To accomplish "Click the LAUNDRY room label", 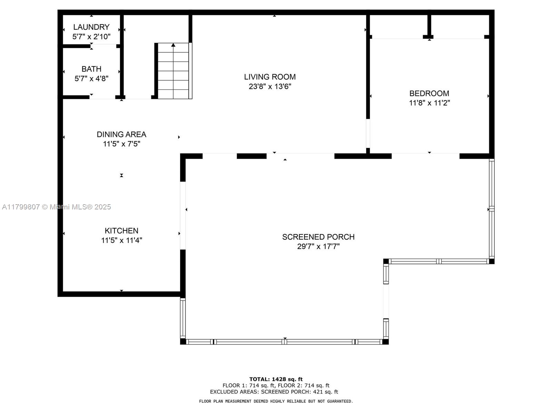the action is pos(91,27).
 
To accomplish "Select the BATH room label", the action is pos(91,69).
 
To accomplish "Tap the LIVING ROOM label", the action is pos(270,77).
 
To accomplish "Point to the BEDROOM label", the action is pos(429,93).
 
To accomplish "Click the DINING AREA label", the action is pos(121,134).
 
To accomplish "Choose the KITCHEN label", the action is pos(121,230).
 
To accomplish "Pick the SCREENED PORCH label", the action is pos(318,237).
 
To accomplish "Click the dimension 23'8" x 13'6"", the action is pos(270,87).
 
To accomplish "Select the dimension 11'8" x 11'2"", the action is pos(429,103).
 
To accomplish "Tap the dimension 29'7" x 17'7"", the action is pos(318,246).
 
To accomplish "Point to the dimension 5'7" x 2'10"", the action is pos(91,37).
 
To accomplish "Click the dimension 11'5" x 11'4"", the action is pos(121,240).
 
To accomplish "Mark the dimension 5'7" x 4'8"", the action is pos(91,79).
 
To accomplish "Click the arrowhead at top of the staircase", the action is pos(173,45).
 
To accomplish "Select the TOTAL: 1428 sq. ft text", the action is pos(276,379).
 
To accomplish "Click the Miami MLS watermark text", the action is pos(56,207).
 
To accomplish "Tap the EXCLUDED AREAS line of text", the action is pos(274,392).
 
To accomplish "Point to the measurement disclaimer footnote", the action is pos(276,402).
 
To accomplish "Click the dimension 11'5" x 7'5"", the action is pos(121,144).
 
